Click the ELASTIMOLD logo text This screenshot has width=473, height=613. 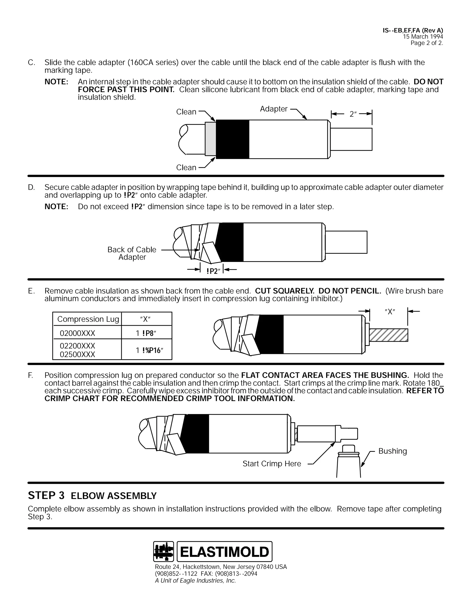coord(224,552)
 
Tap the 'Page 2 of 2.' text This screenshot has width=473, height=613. coord(427,43)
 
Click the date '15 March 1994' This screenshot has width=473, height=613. coord(423,37)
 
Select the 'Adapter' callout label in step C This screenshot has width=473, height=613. coord(273,109)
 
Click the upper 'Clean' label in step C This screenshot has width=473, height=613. coord(186,112)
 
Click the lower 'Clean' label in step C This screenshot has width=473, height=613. coord(186,167)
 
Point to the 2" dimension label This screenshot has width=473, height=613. coord(353,114)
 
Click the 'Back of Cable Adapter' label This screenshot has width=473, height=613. coord(132,253)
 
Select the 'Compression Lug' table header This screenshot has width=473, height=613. coord(88,319)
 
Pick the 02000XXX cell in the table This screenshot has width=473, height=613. coord(78,333)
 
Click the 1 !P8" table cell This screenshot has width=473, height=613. coord(146,333)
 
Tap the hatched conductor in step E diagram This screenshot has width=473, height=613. coord(388,335)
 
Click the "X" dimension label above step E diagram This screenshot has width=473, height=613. coord(390,311)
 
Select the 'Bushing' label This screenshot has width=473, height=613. coord(392,451)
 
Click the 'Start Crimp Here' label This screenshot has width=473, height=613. coord(272,464)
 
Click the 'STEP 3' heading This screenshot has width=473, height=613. coord(46,495)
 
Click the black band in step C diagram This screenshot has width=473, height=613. coord(233,139)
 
